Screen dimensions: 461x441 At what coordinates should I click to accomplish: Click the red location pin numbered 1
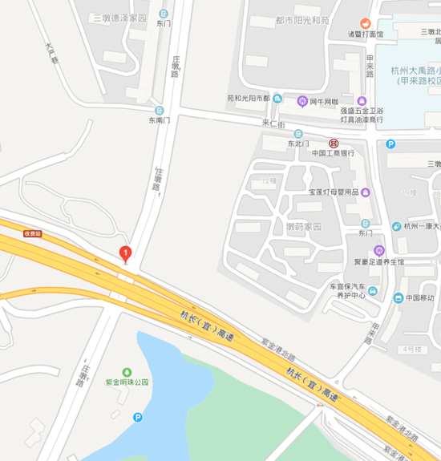tap(125, 253)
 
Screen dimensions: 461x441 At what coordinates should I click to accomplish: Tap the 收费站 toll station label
tap(32, 233)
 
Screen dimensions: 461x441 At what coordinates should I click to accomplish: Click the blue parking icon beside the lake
tap(138, 417)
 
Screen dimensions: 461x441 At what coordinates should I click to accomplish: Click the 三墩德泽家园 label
tap(120, 17)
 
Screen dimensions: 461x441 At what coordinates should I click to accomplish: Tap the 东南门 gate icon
tap(159, 111)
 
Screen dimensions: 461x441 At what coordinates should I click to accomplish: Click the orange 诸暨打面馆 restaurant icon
tap(365, 22)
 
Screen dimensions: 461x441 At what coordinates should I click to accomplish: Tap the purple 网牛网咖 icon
tap(302, 100)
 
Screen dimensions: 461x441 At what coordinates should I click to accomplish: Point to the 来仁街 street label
tap(274, 123)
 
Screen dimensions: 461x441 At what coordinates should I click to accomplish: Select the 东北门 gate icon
tap(298, 134)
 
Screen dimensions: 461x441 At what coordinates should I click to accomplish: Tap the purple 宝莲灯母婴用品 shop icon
tap(366, 192)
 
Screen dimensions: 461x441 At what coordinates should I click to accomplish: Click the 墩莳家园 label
tap(304, 227)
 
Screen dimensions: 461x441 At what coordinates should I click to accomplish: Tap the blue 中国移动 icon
tap(398, 298)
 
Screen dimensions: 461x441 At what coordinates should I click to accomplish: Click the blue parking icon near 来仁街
tap(390, 144)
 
